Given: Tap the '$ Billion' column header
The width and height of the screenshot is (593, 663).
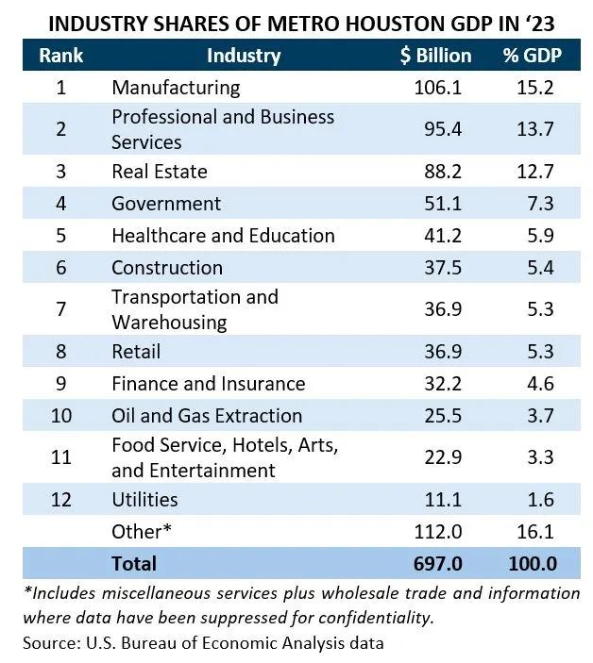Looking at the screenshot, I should tap(435, 56).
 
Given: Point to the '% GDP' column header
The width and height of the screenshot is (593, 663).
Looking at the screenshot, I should tap(532, 56).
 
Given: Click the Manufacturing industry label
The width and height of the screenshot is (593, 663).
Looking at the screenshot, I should tap(176, 88).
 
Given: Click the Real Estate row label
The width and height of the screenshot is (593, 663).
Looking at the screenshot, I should tap(159, 172).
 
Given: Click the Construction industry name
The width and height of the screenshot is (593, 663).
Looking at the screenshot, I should tap(167, 268).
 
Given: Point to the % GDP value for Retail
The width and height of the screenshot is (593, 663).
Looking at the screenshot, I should tap(536, 352).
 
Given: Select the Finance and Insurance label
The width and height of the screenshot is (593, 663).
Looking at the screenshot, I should tap(208, 384).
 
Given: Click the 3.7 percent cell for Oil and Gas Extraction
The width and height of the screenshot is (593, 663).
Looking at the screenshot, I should tap(536, 416).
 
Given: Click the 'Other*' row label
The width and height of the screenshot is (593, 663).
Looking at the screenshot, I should tap(142, 531).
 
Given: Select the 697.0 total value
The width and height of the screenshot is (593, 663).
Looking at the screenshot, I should tap(438, 564).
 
